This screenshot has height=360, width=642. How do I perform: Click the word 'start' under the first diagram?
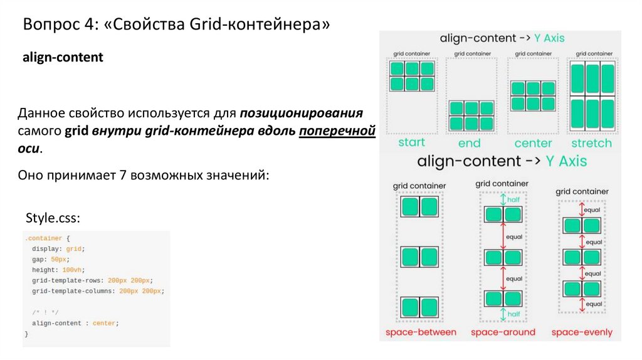pos(411,142)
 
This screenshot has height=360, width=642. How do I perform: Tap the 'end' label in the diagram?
pos(469,143)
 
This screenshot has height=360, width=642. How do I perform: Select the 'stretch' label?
pos(591,143)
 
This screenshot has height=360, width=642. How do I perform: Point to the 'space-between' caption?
pos(421,332)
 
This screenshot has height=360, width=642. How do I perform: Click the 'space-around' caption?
pos(503,332)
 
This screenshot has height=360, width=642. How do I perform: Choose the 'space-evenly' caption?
pos(582,332)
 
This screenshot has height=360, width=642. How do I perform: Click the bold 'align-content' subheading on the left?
pos(63,58)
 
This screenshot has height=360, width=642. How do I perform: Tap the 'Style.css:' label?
pos(53,218)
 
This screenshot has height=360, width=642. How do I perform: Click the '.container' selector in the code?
pos(43,239)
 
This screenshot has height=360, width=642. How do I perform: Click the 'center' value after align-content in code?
pos(104,323)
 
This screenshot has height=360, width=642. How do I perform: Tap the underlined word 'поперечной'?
pos(336,132)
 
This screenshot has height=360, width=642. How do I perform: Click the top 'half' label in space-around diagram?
pos(513,199)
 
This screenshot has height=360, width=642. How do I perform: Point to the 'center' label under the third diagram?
pos(533,143)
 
